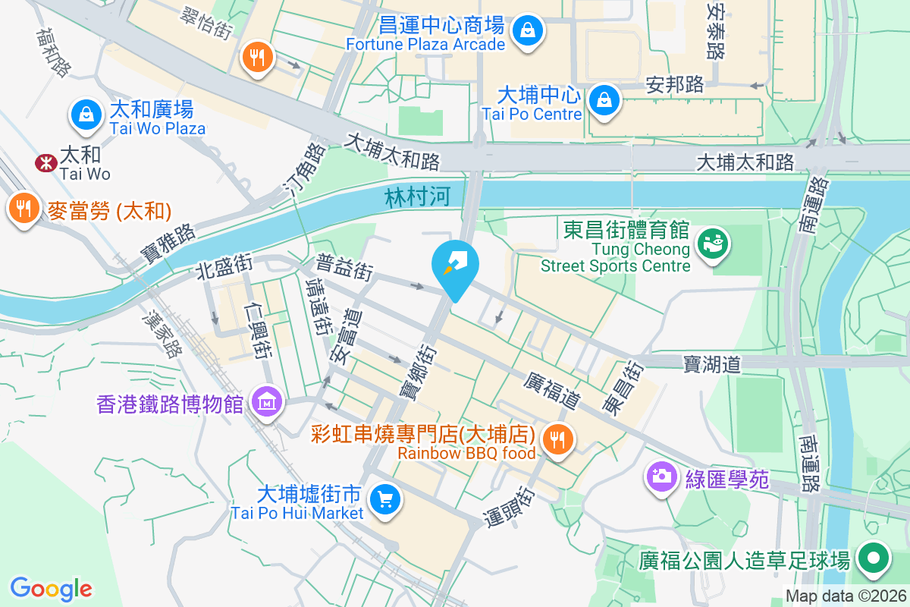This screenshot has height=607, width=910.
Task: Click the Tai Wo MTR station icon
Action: point(46,162)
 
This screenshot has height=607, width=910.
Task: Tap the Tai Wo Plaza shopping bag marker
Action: point(87,115)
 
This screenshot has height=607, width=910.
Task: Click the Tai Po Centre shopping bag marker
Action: point(604,99)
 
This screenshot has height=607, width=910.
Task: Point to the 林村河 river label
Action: point(417,197)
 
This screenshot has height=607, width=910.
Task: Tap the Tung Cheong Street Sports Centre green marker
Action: point(714,242)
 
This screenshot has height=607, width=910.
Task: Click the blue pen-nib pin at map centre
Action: point(455,265)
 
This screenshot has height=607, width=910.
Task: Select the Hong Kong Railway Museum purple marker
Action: point(267,402)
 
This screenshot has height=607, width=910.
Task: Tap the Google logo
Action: point(51,589)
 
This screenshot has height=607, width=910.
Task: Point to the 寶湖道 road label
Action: point(711,365)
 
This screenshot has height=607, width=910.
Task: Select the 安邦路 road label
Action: point(675,84)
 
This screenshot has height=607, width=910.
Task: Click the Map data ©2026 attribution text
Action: point(846,596)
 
